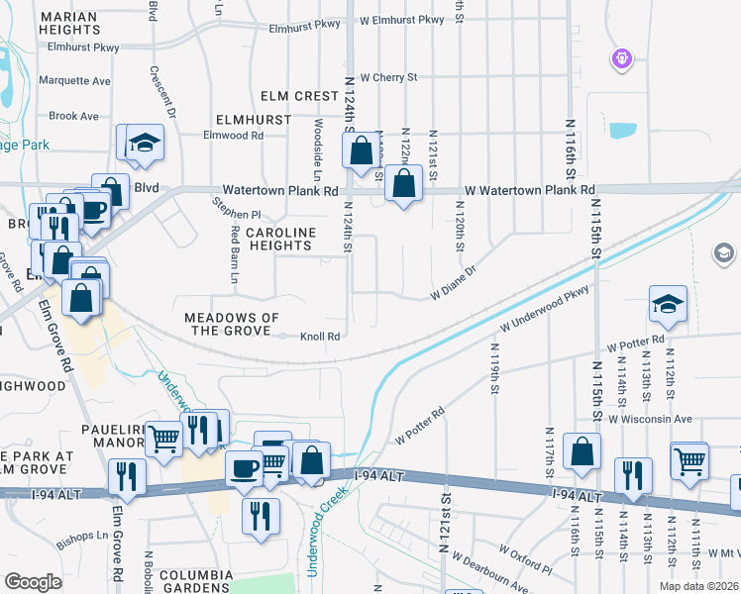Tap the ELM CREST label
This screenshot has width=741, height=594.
(299, 96)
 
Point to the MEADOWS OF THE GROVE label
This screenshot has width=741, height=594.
(232, 324)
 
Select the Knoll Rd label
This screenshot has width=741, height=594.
(320, 337)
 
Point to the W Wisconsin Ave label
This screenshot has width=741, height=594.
(650, 419)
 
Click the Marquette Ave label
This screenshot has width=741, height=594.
(74, 80)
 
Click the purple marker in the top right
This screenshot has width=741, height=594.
(621, 59)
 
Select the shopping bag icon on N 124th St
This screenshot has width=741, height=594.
(361, 149)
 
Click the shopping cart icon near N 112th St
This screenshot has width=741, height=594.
(689, 459)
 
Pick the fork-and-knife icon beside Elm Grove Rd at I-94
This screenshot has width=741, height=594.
(128, 476)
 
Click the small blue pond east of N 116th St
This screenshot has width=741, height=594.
(623, 130)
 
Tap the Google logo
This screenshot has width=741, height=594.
(33, 582)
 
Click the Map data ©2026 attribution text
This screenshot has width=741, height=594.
(697, 586)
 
